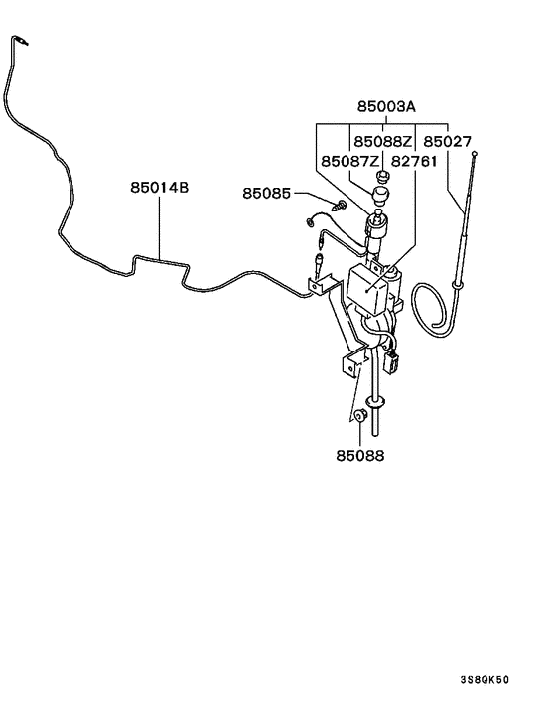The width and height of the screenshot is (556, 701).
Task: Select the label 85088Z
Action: coord(382,141)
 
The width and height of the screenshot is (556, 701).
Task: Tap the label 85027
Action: coord(447,141)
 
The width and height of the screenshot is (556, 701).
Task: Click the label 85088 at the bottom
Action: coord(359,456)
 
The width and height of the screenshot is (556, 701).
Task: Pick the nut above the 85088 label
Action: coord(360,417)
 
